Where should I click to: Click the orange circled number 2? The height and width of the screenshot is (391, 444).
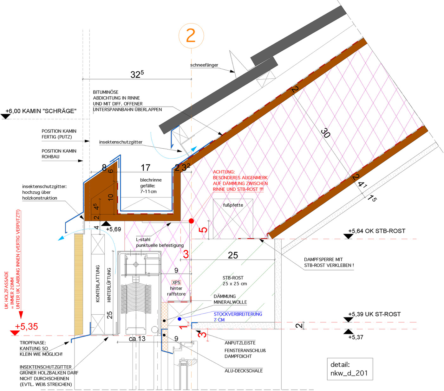(x=191, y=35)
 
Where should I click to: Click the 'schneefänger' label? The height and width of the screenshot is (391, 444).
(x=204, y=65)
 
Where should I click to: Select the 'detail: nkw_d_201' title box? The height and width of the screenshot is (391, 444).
(x=349, y=369)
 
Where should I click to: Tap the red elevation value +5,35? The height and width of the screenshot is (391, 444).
(x=26, y=327)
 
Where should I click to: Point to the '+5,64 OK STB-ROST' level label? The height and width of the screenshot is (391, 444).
(x=376, y=231)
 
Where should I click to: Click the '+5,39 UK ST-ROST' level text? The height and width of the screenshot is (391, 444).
(x=374, y=314)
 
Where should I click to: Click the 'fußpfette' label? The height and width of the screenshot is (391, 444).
(x=233, y=205)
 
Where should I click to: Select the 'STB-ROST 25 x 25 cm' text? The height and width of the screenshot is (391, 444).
(x=234, y=281)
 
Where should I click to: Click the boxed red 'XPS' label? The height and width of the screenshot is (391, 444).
(x=176, y=282)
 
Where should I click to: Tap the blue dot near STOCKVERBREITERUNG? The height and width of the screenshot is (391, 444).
(x=180, y=319)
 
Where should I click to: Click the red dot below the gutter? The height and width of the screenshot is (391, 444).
(x=191, y=221)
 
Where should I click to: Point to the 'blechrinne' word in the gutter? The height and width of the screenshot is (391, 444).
(x=151, y=180)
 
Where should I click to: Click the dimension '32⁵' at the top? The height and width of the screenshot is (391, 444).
(x=137, y=74)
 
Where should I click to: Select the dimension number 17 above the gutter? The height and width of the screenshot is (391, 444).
(x=145, y=168)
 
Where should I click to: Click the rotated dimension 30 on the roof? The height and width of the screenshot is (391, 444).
(x=325, y=133)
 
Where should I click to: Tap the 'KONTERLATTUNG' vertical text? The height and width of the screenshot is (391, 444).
(x=98, y=284)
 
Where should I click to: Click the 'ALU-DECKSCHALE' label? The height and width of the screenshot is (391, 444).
(x=244, y=371)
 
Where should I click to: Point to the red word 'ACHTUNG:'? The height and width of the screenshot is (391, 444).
(x=224, y=172)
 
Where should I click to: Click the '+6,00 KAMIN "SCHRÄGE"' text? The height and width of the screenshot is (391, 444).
(x=41, y=111)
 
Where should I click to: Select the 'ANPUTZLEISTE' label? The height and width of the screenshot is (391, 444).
(x=240, y=343)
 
